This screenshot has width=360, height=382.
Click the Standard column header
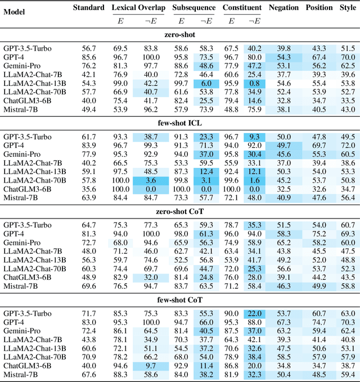[89, 8]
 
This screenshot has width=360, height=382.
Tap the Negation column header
[283, 8]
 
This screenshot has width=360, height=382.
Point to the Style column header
[348, 8]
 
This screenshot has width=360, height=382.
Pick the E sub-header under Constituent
[231, 20]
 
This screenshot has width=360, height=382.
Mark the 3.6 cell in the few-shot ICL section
[151, 180]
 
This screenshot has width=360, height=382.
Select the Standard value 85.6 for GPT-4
[89, 57]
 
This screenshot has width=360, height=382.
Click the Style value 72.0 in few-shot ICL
[348, 145]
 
